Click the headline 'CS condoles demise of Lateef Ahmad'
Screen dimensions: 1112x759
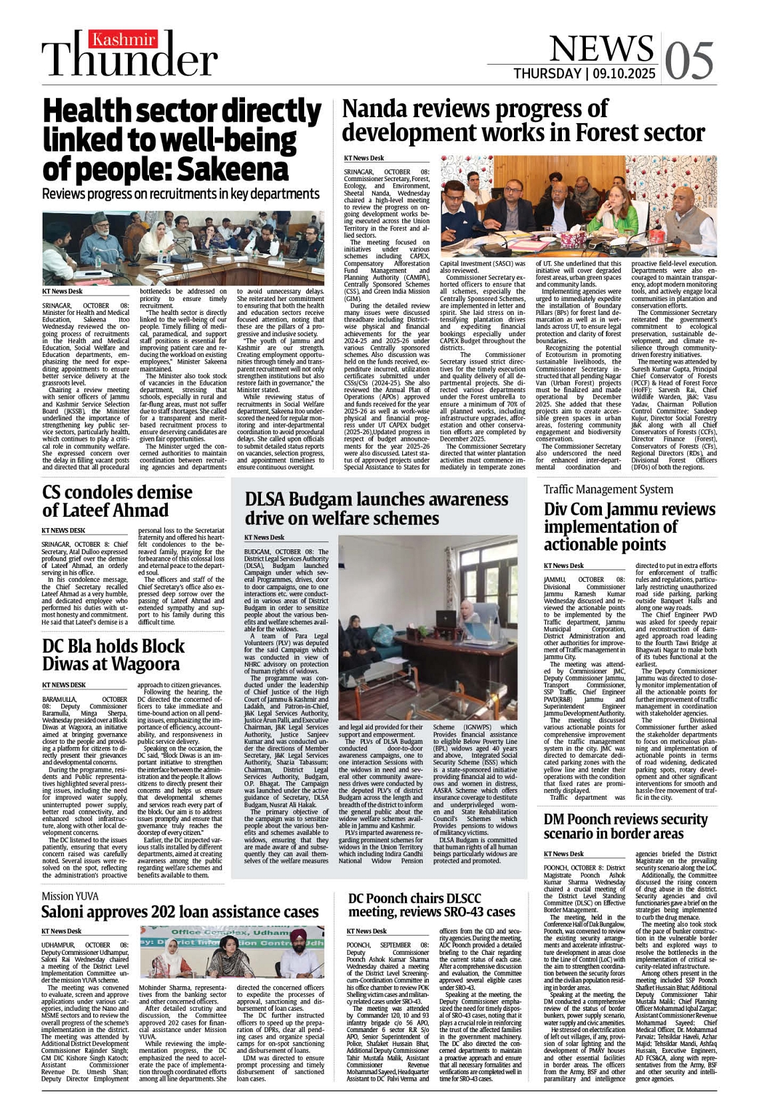[x=117, y=501]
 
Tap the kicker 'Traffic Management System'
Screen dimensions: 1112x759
[x=608, y=489]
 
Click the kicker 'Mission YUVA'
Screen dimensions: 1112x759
[x=69, y=896]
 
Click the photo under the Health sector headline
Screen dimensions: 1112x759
[x=183, y=248]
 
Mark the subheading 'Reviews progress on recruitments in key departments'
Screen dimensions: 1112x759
[x=180, y=194]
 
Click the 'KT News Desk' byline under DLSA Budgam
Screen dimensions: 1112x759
[x=264, y=537]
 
